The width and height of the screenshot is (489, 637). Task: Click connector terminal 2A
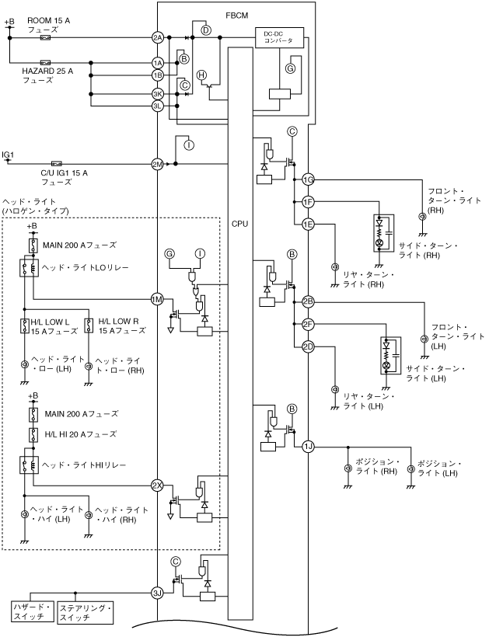(158, 37)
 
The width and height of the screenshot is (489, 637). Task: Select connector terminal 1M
(158, 299)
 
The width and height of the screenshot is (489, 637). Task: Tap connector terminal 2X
(158, 486)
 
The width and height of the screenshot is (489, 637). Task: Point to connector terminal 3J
(158, 592)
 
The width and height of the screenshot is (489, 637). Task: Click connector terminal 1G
(308, 180)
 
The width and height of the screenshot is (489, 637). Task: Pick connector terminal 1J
(308, 446)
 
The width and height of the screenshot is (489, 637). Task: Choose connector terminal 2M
(158, 164)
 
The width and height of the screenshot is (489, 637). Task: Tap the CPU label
(240, 224)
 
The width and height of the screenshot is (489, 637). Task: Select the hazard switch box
(33, 611)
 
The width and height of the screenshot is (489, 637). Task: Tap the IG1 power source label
(8, 155)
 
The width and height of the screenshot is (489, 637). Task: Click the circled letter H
(202, 75)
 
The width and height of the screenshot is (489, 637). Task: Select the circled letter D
(206, 30)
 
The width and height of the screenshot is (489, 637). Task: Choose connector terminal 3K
(158, 94)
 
